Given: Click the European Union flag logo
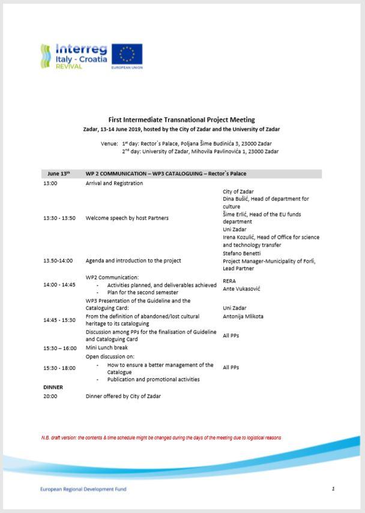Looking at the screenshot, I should [127, 55].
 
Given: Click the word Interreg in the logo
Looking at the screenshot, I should [81, 49].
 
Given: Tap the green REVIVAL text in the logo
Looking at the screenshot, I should [69, 66].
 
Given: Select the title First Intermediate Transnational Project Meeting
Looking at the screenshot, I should [181, 119].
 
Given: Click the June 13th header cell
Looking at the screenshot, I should [59, 174].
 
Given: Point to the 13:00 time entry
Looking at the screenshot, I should [50, 184].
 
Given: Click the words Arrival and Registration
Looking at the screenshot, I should [114, 184].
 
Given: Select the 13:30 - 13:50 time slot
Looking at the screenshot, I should [59, 218].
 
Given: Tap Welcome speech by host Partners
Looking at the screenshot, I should [127, 218].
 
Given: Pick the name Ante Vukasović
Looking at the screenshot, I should [241, 289].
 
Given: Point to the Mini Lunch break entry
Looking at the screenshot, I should [106, 348].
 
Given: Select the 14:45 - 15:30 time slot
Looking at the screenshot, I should [59, 320].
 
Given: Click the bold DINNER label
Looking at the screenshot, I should [53, 388].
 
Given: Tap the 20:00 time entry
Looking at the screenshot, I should [50, 397].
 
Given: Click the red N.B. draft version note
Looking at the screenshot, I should [161, 438].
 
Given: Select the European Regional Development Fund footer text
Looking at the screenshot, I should [83, 489].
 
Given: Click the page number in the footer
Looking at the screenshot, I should [333, 489].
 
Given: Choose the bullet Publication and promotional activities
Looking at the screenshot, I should [153, 379].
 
